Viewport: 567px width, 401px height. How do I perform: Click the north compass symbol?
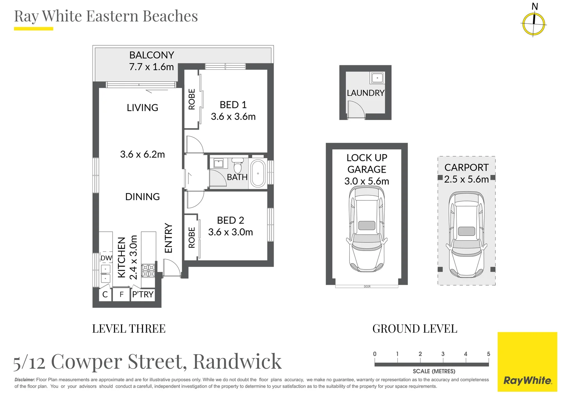click(534, 24)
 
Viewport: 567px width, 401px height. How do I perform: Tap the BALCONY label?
click(151, 55)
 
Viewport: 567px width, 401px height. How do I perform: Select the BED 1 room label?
click(233, 105)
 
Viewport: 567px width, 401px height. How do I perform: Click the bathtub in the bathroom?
click(258, 173)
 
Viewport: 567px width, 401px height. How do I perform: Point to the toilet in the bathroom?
click(238, 166)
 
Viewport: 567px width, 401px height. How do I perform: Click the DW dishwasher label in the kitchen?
click(106, 258)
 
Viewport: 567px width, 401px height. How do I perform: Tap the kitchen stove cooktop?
click(148, 271)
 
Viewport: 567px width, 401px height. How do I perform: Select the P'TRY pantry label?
click(143, 294)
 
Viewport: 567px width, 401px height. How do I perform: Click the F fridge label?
click(121, 294)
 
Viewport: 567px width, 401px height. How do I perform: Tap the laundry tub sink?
click(377, 78)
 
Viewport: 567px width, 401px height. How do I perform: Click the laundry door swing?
click(355, 109)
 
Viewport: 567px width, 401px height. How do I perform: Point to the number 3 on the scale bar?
click(443, 354)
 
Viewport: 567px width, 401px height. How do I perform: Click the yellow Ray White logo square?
click(527, 362)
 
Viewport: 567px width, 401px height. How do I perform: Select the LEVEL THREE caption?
click(129, 329)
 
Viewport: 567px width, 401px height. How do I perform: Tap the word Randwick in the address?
click(237, 361)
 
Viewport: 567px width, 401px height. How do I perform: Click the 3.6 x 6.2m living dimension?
click(142, 154)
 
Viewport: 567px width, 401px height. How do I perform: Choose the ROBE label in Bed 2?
click(192, 238)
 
